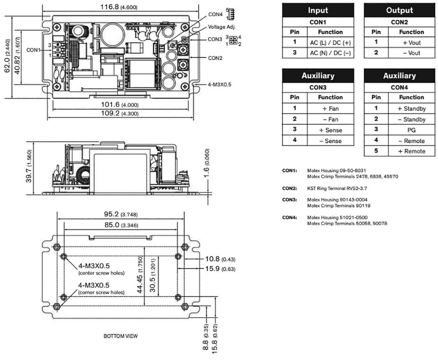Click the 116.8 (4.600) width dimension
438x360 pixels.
tap(121, 7)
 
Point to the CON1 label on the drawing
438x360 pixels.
tap(33, 50)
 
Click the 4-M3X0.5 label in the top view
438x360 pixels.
tap(219, 85)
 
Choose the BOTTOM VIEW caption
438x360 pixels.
tap(121, 336)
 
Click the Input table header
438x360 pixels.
tap(318, 10)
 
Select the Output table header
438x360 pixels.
tap(400, 10)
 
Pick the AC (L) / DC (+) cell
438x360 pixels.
tap(330, 43)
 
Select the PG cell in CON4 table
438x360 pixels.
tap(411, 130)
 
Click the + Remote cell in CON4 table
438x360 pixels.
tap(411, 151)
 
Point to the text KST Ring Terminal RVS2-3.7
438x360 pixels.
tap(336, 188)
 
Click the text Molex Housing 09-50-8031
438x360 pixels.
tap(336, 170)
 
